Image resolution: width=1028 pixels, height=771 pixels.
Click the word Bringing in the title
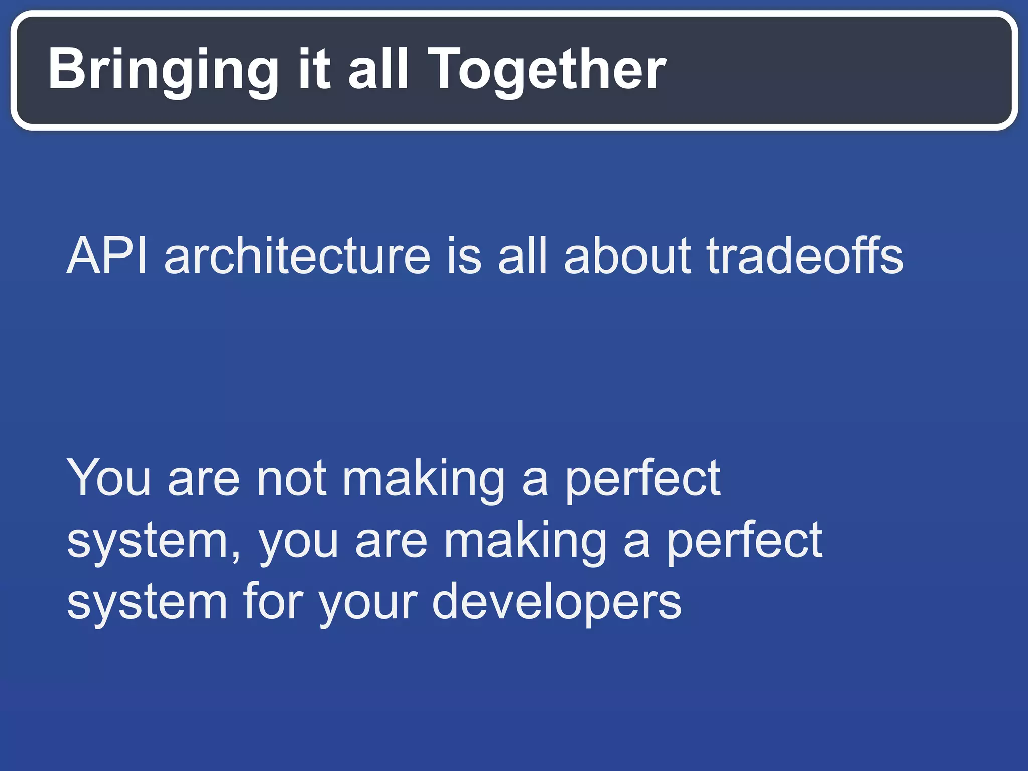(163, 70)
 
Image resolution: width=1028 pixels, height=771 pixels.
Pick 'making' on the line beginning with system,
(526, 542)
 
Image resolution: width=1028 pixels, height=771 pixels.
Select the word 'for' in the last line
(273, 602)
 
